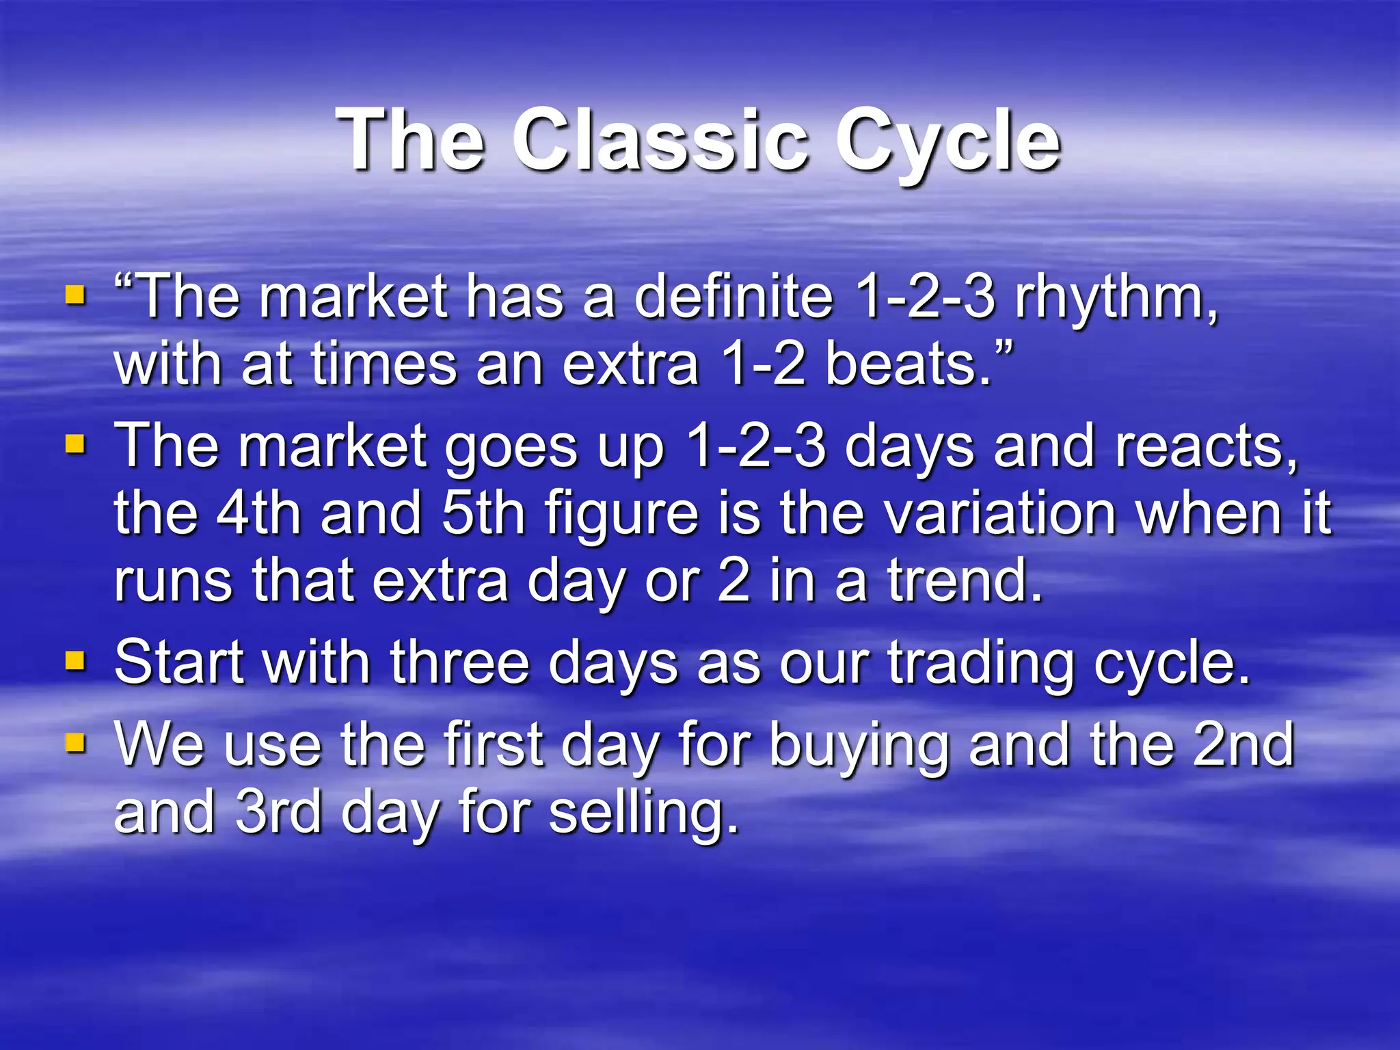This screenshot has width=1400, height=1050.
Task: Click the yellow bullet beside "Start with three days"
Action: point(75,660)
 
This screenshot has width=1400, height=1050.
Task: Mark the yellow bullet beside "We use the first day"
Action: point(75,742)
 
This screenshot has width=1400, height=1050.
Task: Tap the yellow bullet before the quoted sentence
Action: point(75,296)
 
